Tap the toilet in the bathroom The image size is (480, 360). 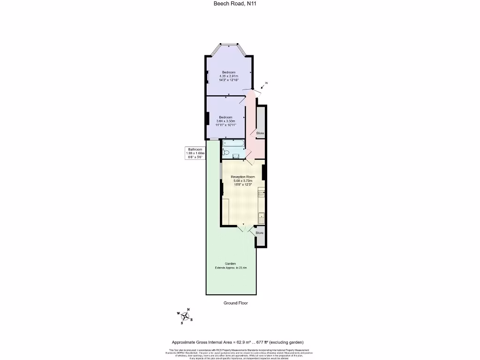click(226, 152)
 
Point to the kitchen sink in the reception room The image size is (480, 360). click(262, 216)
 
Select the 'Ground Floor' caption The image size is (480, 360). click(236, 303)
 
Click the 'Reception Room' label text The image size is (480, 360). click(243, 177)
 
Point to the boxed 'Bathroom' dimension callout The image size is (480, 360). click(195, 153)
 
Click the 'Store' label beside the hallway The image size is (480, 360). click(260, 133)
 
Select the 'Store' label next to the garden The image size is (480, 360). click(259, 232)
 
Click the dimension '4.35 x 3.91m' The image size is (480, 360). click(229, 76)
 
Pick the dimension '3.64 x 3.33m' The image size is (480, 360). click(225, 121)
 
